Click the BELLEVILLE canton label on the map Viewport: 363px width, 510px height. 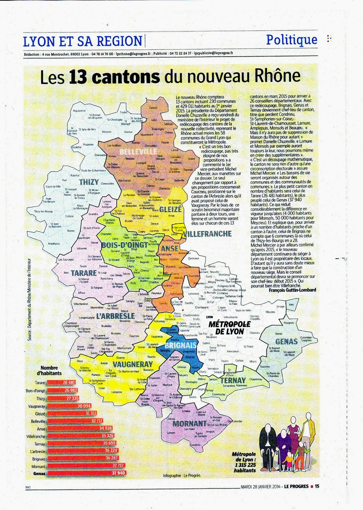tap(138, 152)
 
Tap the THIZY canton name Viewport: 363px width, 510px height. tap(89, 182)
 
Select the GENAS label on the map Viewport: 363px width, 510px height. tap(286, 342)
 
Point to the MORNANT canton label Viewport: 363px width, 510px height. tap(189, 424)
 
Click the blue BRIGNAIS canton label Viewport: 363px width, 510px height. tap(181, 345)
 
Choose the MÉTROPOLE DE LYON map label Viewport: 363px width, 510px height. tap(229, 328)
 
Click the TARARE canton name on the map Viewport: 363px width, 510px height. tap(84, 273)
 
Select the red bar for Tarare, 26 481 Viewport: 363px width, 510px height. tap(61, 382)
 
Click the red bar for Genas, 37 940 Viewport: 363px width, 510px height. tap(86, 473)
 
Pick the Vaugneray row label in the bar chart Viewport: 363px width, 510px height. tap(36, 406)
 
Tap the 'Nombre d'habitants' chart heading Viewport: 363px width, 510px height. tap(49, 370)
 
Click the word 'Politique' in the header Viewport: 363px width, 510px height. tap(292, 40)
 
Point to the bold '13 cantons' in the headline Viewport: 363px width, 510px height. tap(114, 77)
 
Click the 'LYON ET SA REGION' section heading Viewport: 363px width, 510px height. tap(83, 41)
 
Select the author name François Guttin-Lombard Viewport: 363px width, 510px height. tap(292, 290)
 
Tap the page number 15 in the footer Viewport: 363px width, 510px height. tap(317, 486)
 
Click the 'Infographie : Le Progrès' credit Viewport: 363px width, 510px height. tap(181, 476)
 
